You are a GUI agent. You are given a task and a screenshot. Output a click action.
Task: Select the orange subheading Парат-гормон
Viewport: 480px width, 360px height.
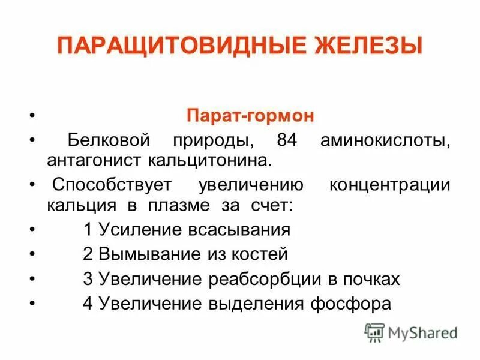click(x=250, y=116)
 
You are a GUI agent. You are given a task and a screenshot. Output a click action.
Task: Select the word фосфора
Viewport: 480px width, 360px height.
click(x=357, y=304)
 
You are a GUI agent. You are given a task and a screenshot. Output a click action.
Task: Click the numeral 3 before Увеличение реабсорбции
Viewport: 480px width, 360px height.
click(x=88, y=279)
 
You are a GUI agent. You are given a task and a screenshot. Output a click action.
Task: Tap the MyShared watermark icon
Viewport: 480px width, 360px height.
click(x=374, y=332)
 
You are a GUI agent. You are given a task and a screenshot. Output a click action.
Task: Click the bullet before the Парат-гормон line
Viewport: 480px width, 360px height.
click(x=32, y=116)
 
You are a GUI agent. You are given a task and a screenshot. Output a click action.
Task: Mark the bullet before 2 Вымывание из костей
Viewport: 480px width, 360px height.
click(x=32, y=254)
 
